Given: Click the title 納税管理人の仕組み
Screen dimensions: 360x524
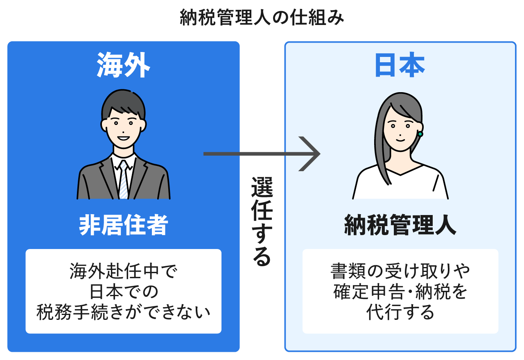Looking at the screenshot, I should (262, 18).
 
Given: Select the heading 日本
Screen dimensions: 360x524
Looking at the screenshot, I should (400, 66).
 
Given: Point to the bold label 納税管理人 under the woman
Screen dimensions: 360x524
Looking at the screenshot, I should (400, 225).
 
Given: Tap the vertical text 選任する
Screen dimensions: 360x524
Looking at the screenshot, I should (262, 222).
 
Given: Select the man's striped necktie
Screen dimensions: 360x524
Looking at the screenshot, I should (123, 180).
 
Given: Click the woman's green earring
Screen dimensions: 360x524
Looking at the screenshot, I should (420, 134).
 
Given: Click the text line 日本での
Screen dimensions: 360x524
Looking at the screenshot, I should (123, 292).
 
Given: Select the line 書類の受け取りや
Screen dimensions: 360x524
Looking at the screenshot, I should (400, 272).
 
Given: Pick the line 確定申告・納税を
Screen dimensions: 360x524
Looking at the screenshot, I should (400, 292).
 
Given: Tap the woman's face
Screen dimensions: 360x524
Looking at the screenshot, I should (400, 127).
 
